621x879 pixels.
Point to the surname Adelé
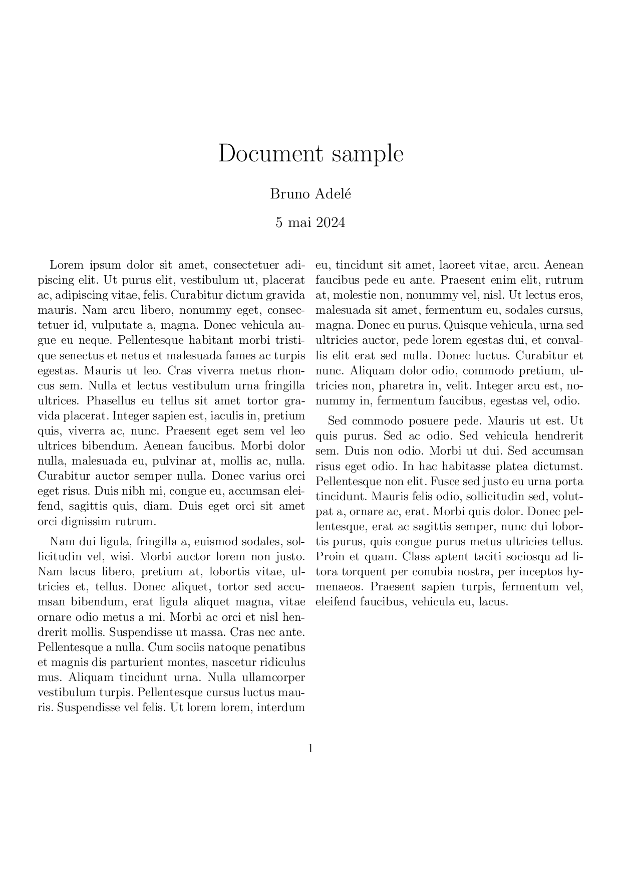click(x=333, y=194)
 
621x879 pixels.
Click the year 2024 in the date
click(x=330, y=223)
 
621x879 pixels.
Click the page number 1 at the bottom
click(x=310, y=749)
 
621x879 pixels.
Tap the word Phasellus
click(x=109, y=401)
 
